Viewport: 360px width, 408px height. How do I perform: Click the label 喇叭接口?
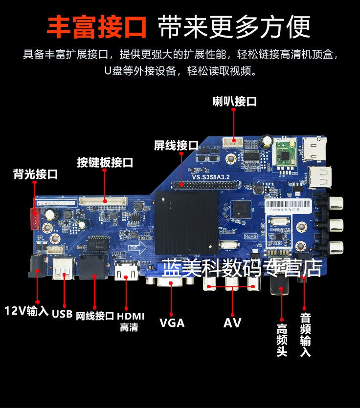coord(234,102)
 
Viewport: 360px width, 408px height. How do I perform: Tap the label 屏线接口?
coord(176,145)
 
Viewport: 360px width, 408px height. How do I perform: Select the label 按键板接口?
coord(105,162)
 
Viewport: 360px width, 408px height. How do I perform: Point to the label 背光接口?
coord(35,174)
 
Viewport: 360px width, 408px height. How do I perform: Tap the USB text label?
coord(62,313)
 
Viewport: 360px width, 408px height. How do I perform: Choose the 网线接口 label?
coord(95,316)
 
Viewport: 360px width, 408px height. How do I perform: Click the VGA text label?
coord(172,322)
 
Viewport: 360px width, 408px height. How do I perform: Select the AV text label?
coord(232,322)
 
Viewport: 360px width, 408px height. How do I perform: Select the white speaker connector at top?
coord(233,142)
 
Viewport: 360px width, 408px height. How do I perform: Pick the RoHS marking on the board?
coord(250,236)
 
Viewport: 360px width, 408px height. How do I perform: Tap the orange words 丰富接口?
coord(96,27)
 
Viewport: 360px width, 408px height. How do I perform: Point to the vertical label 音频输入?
coord(305,335)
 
